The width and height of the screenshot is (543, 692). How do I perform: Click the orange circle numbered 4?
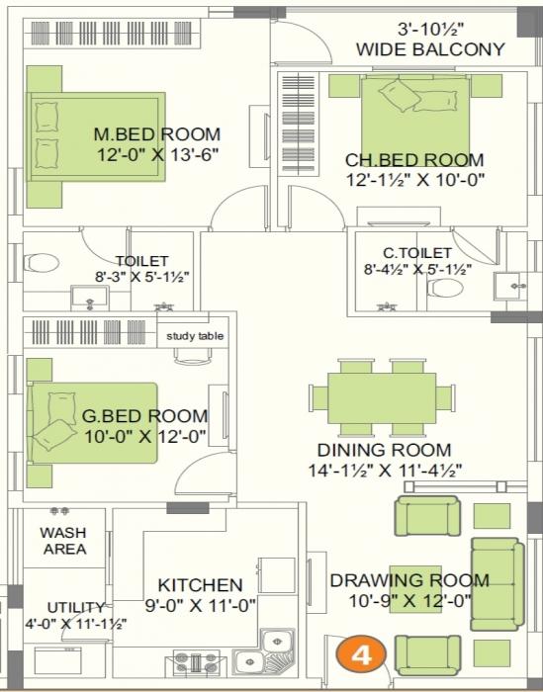(x=362, y=654)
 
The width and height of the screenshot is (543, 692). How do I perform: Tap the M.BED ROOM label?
(x=156, y=134)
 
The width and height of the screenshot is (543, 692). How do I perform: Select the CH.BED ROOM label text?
(x=414, y=160)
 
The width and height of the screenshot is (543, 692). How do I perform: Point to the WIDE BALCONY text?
(x=430, y=48)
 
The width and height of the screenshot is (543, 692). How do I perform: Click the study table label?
(x=195, y=336)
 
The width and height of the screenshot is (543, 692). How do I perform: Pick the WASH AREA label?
(x=63, y=541)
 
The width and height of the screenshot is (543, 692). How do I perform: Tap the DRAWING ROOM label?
(x=408, y=580)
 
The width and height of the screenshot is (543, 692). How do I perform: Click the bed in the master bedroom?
(x=94, y=135)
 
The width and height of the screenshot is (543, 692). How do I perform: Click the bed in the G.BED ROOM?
(x=91, y=423)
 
